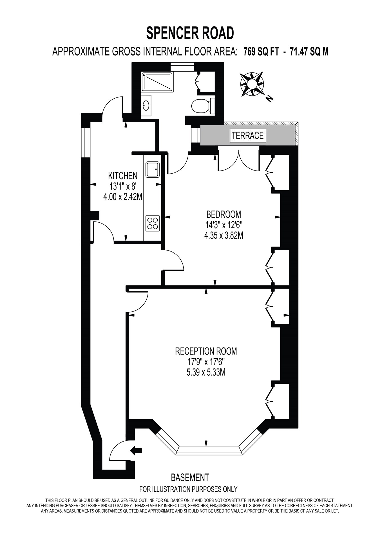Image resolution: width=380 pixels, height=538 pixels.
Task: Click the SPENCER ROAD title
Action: (x=190, y=33)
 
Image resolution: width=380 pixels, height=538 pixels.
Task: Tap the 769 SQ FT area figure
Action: (x=261, y=52)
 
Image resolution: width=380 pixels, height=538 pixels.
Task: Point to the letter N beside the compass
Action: (x=269, y=98)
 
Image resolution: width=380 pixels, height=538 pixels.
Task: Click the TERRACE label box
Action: (x=248, y=136)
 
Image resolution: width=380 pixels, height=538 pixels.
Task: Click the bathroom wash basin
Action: (x=146, y=106)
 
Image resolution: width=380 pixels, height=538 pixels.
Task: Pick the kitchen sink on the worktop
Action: (x=153, y=169)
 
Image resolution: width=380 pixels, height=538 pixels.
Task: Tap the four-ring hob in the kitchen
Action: (x=153, y=223)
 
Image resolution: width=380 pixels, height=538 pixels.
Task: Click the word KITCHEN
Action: (x=123, y=176)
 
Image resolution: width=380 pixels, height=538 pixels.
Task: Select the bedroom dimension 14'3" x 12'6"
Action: (x=223, y=225)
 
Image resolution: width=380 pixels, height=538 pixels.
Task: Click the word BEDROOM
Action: (x=223, y=214)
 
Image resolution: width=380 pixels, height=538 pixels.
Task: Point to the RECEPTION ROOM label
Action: (x=206, y=351)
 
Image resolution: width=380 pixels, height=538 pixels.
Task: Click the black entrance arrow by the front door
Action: (x=137, y=451)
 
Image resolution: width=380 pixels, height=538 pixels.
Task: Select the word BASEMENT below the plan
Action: (x=190, y=478)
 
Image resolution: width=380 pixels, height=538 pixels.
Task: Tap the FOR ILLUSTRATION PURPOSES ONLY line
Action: (x=188, y=489)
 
